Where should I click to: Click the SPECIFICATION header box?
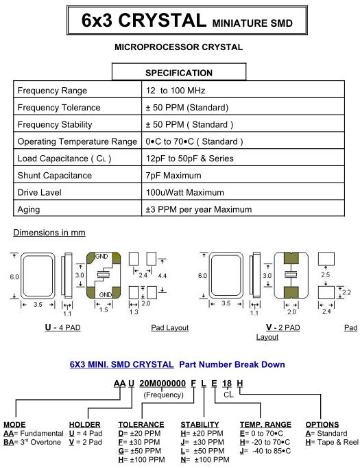tap(179, 71)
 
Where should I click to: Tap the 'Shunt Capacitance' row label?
tap(55, 176)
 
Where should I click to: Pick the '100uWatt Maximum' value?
tap(185, 193)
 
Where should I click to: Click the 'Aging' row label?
tap(29, 209)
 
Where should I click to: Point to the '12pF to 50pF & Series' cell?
tap(190, 159)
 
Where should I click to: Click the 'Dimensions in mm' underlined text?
tap(49, 233)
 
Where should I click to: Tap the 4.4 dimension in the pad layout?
tap(163, 276)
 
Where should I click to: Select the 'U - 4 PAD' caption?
tap(62, 327)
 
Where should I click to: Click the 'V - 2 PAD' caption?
tap(283, 327)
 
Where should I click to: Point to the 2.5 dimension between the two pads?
tap(326, 274)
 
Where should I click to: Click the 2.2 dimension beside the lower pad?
tap(346, 292)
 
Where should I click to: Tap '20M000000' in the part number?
tap(163, 384)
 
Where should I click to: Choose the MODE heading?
tap(14, 424)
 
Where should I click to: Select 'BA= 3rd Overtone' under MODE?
tap(32, 442)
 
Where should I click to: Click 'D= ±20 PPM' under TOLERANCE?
tap(139, 434)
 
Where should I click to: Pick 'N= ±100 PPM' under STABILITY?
tap(205, 460)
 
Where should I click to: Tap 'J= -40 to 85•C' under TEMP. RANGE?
tap(265, 451)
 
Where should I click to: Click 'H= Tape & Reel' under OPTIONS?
tap(332, 442)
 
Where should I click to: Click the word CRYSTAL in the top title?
tap(163, 21)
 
